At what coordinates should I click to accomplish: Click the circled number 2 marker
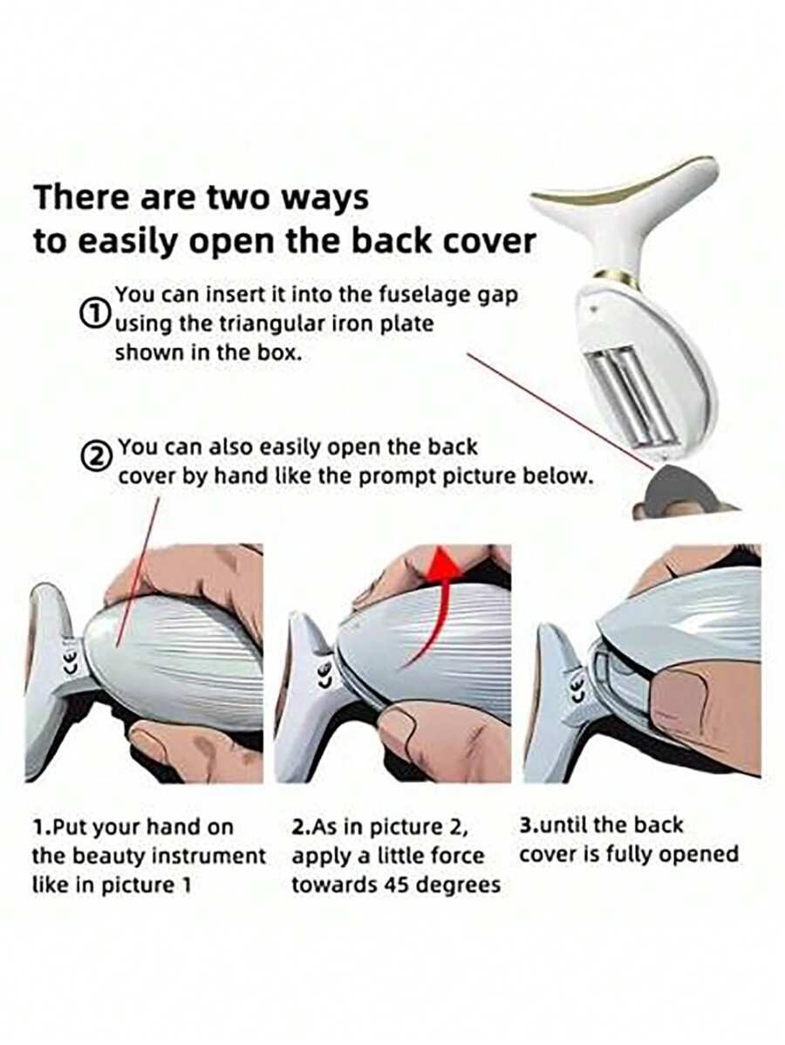[x=95, y=456]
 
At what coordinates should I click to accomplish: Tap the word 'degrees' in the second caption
[x=461, y=885]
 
